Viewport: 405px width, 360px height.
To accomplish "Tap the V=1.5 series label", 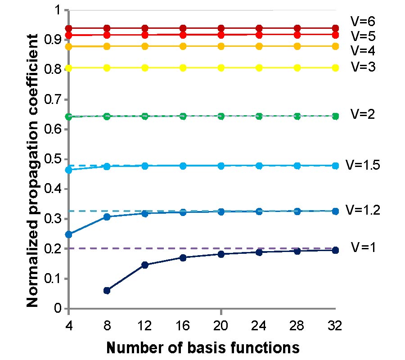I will point(364,165).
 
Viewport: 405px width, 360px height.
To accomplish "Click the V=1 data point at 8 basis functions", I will point(107,291).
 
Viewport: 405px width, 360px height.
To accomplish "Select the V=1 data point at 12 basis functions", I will point(145,265).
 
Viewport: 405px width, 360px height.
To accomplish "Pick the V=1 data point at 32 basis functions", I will point(335,250).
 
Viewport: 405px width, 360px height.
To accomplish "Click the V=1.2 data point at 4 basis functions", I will point(69,234).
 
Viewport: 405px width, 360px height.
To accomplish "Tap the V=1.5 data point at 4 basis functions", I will point(69,170).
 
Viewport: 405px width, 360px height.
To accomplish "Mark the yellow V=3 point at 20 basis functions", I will point(221,68).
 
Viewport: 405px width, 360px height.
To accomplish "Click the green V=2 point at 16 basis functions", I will point(183,116).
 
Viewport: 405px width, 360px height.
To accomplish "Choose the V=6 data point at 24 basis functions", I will point(259,28).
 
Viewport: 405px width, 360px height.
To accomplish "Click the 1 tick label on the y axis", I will point(57,10).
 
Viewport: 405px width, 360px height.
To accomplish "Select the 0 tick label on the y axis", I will point(58,309).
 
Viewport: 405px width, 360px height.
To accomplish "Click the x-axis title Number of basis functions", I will point(202,347).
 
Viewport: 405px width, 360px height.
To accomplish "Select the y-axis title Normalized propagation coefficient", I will point(32,159).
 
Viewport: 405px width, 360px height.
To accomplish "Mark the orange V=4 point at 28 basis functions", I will point(297,46).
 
